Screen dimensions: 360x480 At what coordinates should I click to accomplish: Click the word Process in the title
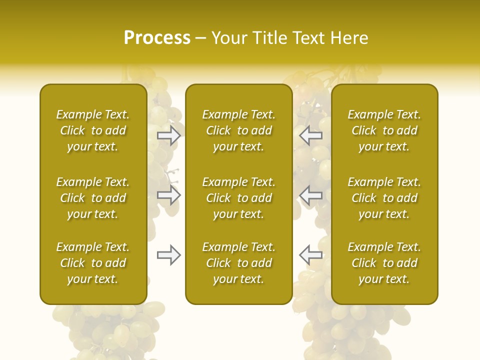[157, 38]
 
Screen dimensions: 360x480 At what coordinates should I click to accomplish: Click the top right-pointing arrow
[169, 135]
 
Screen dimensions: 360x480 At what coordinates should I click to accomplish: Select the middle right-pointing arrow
[169, 195]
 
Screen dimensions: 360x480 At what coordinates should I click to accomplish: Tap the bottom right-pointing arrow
[169, 255]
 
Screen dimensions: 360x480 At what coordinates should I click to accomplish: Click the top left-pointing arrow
[310, 135]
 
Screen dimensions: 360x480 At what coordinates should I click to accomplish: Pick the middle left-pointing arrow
[310, 195]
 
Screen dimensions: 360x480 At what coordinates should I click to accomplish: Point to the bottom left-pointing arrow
[310, 255]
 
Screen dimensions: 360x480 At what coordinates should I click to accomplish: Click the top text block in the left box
[93, 130]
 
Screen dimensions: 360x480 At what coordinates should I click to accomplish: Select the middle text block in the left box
[93, 198]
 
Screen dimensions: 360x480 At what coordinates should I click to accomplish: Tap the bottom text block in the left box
[93, 263]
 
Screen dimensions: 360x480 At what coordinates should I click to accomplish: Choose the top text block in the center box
[238, 130]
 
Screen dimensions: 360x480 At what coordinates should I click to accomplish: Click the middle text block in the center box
[238, 198]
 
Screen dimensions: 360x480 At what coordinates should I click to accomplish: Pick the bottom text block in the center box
[238, 263]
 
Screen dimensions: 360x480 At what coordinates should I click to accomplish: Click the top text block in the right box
[384, 130]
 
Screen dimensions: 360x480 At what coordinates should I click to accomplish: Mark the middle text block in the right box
[384, 198]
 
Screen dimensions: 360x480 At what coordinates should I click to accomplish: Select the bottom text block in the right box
[384, 263]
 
